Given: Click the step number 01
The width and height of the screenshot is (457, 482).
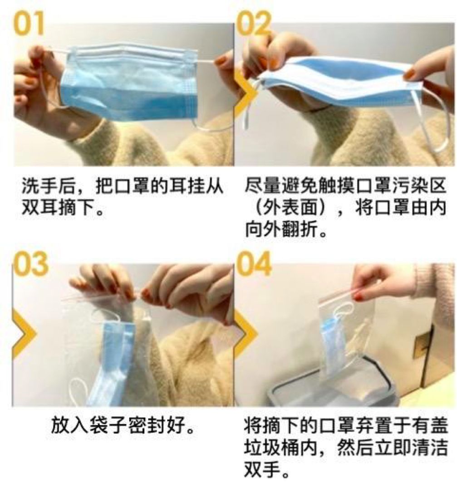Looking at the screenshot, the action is click(29, 24).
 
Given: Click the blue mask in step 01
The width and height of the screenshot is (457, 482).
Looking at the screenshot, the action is click(129, 83).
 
